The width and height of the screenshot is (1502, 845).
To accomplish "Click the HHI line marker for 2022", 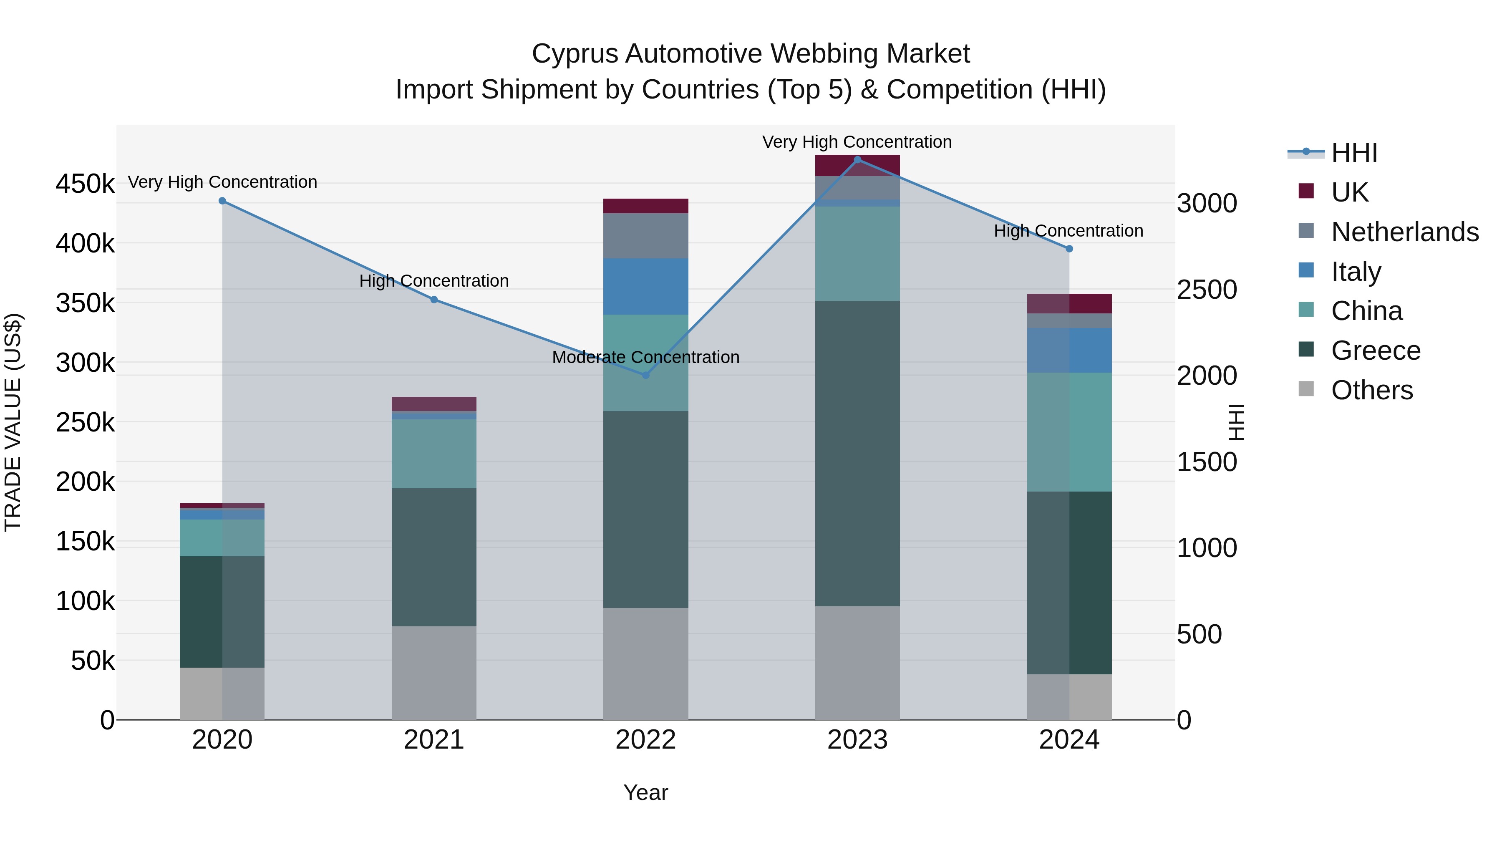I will pyautogui.click(x=645, y=375).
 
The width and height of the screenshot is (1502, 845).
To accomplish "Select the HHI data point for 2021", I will pyautogui.click(x=434, y=300).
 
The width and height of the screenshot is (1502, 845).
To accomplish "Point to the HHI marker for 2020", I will pyautogui.click(x=222, y=201).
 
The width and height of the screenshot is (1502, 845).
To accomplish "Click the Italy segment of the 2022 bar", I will pyautogui.click(x=645, y=286).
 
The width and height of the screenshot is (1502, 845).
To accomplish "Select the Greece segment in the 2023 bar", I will pyautogui.click(x=857, y=453).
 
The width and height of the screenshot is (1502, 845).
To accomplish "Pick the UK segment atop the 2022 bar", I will pyautogui.click(x=645, y=206).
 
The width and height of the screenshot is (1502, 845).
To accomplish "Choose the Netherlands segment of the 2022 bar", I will pyautogui.click(x=645, y=236).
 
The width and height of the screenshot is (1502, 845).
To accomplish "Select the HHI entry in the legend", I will pyautogui.click(x=1354, y=153).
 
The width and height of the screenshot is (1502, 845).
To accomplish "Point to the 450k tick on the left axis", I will pyautogui.click(x=85, y=184).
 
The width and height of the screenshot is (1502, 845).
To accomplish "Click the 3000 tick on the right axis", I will pyautogui.click(x=1206, y=204).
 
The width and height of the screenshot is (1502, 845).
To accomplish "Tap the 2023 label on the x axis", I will pyautogui.click(x=857, y=740).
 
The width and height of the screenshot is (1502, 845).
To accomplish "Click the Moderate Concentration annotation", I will pyautogui.click(x=645, y=357).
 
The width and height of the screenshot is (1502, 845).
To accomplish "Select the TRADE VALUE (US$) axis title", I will pyautogui.click(x=13, y=422).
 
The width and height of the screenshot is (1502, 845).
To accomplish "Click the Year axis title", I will pyautogui.click(x=645, y=792).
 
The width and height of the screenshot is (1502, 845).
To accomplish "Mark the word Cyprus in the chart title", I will pyautogui.click(x=574, y=54).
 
